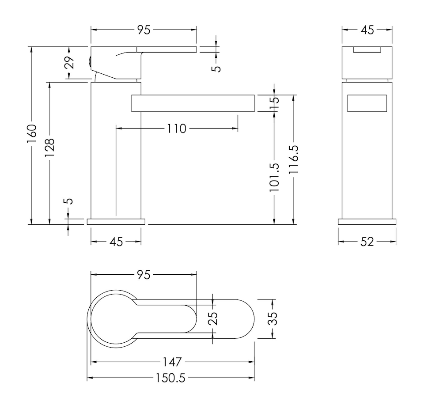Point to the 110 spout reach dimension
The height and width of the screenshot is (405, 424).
pos(177,129)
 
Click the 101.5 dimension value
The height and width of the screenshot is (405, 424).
pos(274,177)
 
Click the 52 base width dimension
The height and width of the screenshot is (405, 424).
pos(367,242)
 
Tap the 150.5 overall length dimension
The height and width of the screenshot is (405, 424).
pos(170,378)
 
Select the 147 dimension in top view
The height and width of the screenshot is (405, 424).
pos(172,362)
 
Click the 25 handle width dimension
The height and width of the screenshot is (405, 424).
pos(213,318)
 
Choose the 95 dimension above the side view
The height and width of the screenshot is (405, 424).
pos(144,30)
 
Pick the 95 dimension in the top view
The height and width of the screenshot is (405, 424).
pos(144,275)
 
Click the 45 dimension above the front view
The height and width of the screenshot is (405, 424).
pos(367,30)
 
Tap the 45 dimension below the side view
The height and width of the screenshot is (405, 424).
pos(116,242)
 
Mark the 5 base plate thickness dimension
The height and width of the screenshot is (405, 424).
pos(69,201)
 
